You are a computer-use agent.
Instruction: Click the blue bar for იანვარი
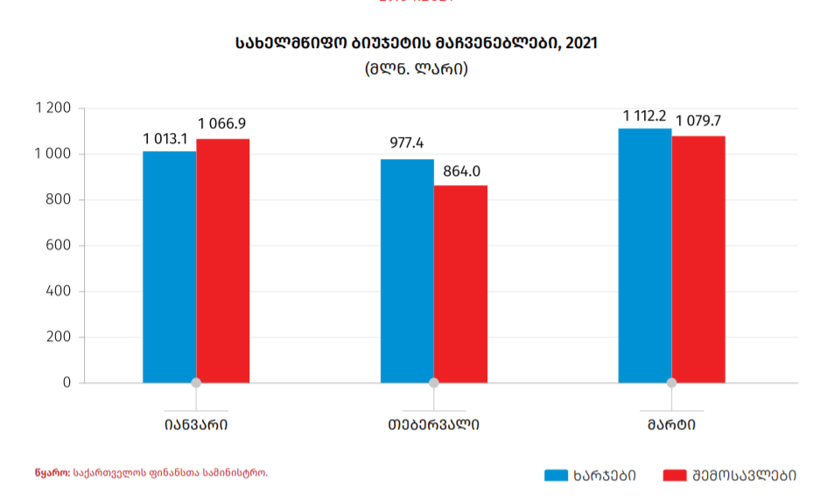click(169, 267)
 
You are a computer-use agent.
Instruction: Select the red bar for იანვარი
click(223, 261)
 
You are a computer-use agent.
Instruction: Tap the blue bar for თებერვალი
click(407, 271)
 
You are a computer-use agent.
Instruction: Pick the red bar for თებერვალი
click(460, 284)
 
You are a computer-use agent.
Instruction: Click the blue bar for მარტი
click(645, 255)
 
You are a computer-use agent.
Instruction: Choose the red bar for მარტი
click(698, 259)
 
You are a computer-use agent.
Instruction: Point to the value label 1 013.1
click(170, 139)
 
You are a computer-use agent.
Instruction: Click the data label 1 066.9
click(222, 124)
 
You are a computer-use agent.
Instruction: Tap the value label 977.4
click(406, 144)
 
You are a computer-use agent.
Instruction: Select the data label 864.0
click(459, 171)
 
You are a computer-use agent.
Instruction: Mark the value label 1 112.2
click(645, 116)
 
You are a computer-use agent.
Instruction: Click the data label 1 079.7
click(698, 121)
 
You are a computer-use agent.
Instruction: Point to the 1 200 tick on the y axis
click(53, 108)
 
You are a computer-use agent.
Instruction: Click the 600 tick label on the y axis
click(59, 246)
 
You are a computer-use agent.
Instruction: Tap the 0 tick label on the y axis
click(67, 383)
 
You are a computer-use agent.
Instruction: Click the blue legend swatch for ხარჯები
click(557, 476)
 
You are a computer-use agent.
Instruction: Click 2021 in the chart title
click(581, 42)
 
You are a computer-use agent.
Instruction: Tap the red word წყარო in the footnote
click(52, 473)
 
